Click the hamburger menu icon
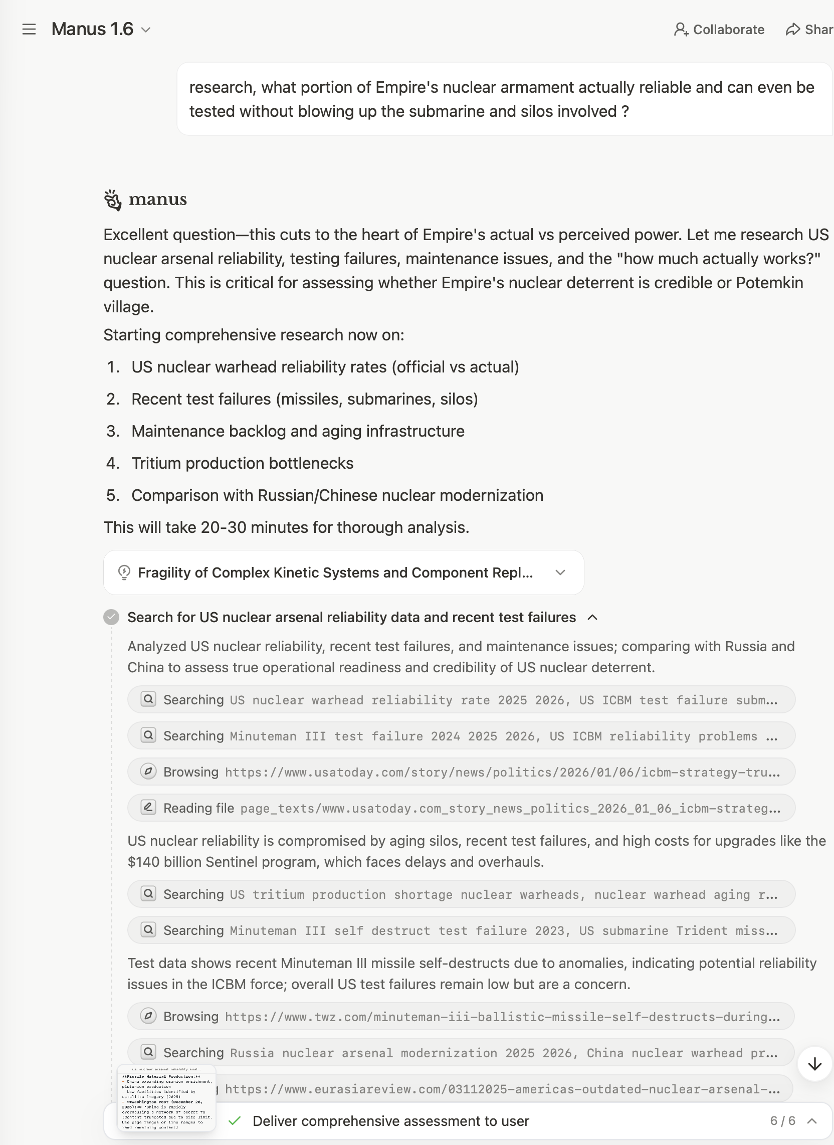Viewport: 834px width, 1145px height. pyautogui.click(x=29, y=29)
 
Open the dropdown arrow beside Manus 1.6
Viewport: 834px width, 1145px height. pyautogui.click(x=146, y=30)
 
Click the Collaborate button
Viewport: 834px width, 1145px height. pyautogui.click(x=719, y=30)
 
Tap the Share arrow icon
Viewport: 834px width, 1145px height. pyautogui.click(x=792, y=30)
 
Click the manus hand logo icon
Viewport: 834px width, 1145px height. pyautogui.click(x=113, y=200)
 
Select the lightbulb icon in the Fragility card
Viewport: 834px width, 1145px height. pyautogui.click(x=124, y=572)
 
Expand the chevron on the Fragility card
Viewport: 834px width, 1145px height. pyautogui.click(x=560, y=572)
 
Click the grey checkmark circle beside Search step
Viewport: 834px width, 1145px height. pyautogui.click(x=111, y=617)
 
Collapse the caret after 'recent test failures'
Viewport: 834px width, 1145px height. pyautogui.click(x=593, y=617)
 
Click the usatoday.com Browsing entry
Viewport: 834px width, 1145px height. pyautogui.click(x=461, y=772)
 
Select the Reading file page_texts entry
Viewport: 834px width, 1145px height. pyautogui.click(x=461, y=808)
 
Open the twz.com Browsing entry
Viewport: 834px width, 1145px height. pyautogui.click(x=461, y=1016)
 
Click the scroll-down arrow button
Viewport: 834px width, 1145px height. pyautogui.click(x=814, y=1064)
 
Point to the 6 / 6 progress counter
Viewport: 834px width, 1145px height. pyautogui.click(x=782, y=1121)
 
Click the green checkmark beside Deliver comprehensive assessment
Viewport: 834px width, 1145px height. pyautogui.click(x=234, y=1121)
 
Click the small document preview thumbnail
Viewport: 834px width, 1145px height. pyautogui.click(x=166, y=1098)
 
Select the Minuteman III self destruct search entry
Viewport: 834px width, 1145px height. pyautogui.click(x=461, y=930)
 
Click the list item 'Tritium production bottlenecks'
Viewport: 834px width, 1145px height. pyautogui.click(x=242, y=463)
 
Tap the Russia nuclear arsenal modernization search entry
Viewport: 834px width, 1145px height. pyautogui.click(x=461, y=1053)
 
